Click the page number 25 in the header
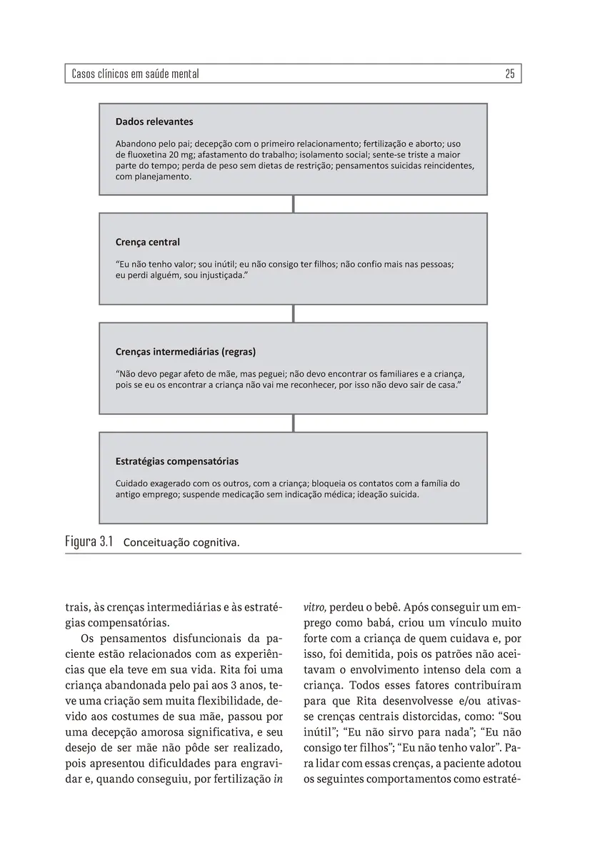[509, 74]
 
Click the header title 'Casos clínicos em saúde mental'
[135, 74]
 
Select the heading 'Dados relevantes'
[154, 122]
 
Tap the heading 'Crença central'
[148, 242]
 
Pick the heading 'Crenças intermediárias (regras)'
[186, 352]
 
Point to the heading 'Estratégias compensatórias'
[177, 461]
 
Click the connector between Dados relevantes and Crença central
[294, 204]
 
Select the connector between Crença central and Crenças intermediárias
[294, 313]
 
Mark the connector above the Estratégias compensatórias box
[294, 423]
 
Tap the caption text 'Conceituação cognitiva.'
[181, 543]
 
